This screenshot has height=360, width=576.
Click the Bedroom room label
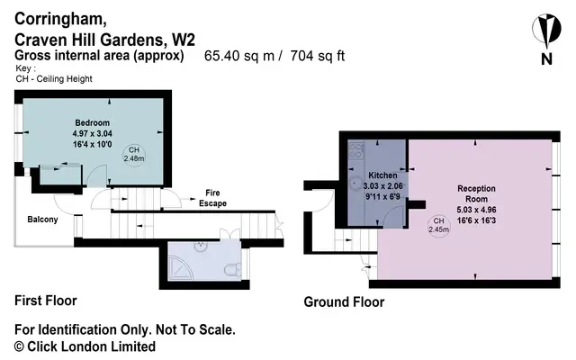(92, 122)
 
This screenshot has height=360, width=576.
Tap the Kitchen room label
(382, 175)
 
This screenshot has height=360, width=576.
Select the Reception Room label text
(476, 193)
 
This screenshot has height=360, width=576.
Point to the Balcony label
(42, 220)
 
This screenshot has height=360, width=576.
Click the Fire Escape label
(212, 198)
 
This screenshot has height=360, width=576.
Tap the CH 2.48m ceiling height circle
(134, 155)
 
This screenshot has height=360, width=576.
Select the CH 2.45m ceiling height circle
(438, 225)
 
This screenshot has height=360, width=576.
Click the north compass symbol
(546, 37)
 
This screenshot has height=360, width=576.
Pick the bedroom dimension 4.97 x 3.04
(92, 133)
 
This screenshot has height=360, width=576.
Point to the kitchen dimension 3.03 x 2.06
(382, 186)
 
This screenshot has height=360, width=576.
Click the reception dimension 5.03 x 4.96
(476, 210)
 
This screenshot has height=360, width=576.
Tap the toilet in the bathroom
(232, 270)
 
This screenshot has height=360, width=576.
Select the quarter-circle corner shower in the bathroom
(180, 268)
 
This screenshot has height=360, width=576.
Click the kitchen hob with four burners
(356, 150)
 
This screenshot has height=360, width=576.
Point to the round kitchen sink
(356, 183)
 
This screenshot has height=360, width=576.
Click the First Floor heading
(46, 301)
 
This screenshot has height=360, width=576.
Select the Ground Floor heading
(344, 302)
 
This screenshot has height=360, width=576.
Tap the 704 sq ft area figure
(318, 56)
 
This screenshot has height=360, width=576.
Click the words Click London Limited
(92, 346)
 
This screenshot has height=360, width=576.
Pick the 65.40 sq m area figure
(239, 56)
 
